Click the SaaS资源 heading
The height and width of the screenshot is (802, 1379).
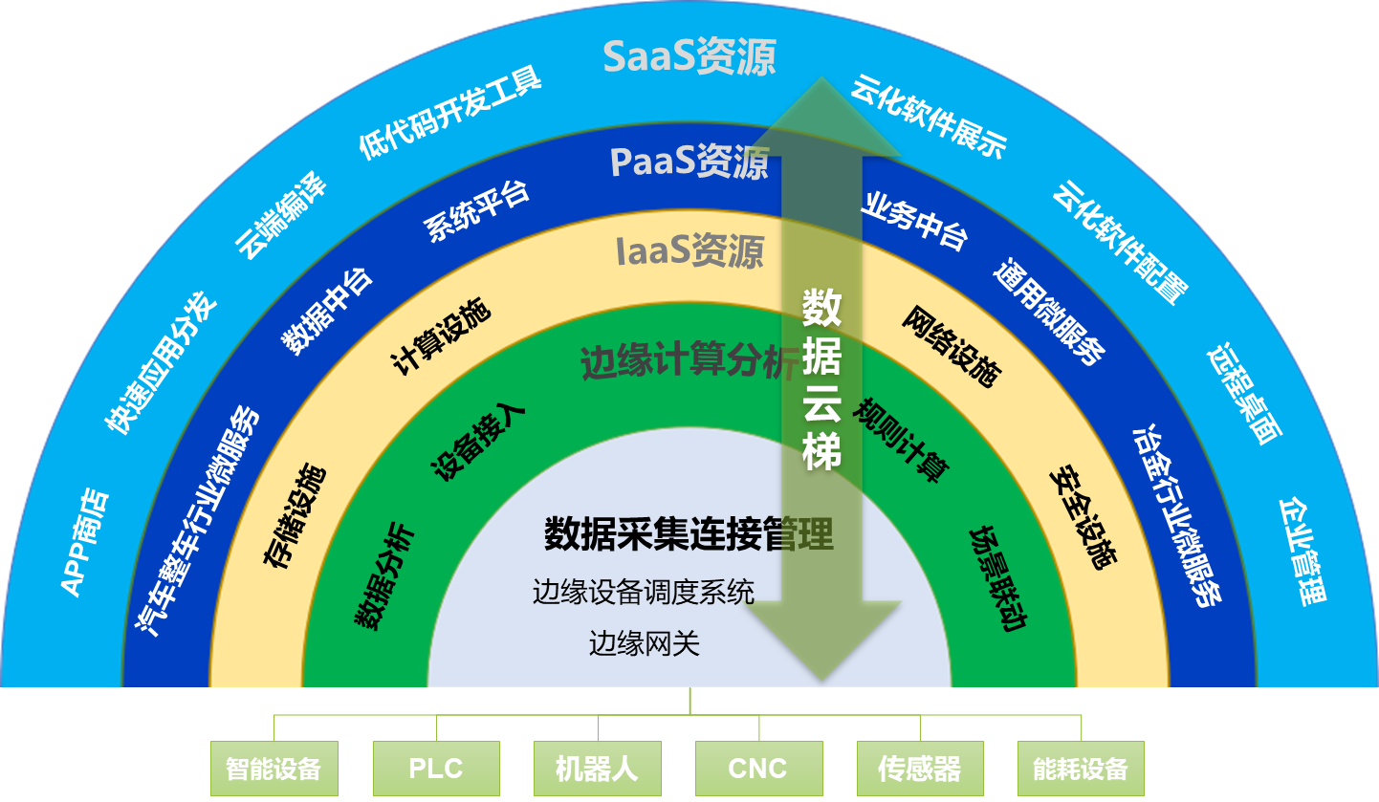click(x=689, y=57)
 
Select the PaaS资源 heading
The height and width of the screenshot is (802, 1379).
click(x=689, y=162)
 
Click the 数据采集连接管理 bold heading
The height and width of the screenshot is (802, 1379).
click(x=689, y=533)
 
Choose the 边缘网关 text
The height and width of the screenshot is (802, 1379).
click(x=645, y=643)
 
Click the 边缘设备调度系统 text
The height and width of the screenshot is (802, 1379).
click(x=644, y=592)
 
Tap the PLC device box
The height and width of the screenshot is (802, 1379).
click(x=435, y=769)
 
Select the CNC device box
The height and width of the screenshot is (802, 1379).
click(x=757, y=769)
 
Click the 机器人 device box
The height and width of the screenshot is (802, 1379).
click(x=596, y=769)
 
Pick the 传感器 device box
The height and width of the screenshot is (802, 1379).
click(x=919, y=769)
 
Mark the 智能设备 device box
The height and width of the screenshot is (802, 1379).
click(x=274, y=769)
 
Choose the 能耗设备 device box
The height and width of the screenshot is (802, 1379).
click(x=1081, y=769)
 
